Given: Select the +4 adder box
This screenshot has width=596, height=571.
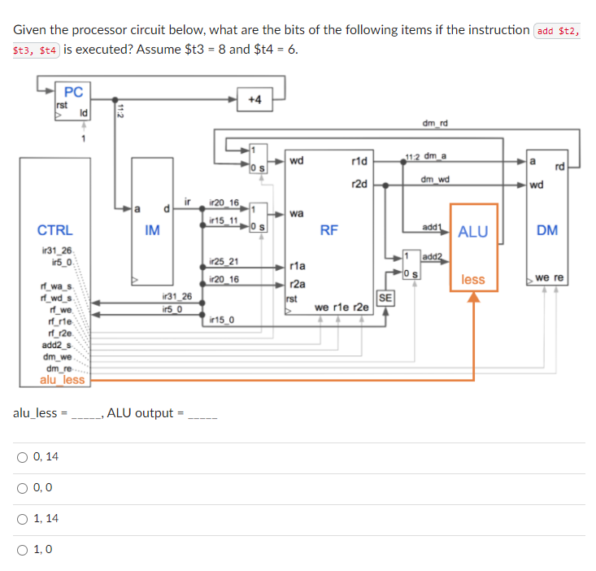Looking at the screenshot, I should pyautogui.click(x=254, y=99).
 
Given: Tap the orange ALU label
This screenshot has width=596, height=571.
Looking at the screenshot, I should pyautogui.click(x=472, y=232).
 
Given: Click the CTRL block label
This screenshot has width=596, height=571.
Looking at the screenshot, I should pyautogui.click(x=54, y=230).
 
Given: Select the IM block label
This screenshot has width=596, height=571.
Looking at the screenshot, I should pyautogui.click(x=152, y=230).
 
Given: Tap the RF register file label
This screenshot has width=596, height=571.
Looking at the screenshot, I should pyautogui.click(x=328, y=230).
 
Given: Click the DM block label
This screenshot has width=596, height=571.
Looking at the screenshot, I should pyautogui.click(x=546, y=230).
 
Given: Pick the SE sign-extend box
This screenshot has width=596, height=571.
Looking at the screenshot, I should pyautogui.click(x=385, y=299).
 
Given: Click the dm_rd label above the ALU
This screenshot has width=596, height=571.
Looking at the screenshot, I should pyautogui.click(x=435, y=124).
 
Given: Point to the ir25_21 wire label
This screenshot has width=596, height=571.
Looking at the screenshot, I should pyautogui.click(x=224, y=261).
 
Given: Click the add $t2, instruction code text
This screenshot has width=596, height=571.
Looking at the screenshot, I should pyautogui.click(x=556, y=31).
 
